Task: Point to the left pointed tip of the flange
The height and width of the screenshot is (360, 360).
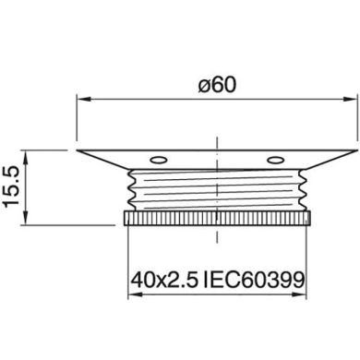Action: [x=78, y=149]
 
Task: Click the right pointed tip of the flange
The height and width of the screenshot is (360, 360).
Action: [x=354, y=149]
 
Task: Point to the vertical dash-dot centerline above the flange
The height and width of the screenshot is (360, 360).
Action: [x=216, y=125]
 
